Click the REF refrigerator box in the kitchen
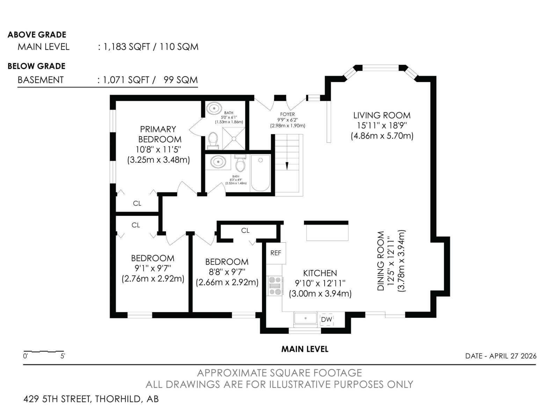click(x=276, y=253)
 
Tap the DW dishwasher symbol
click(x=326, y=319)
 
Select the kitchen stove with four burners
click(x=275, y=286)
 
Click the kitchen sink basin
click(x=305, y=318)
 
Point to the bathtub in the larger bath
click(x=260, y=173)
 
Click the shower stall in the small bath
click(x=233, y=138)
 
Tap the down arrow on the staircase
click(x=287, y=166)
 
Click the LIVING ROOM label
click(x=382, y=116)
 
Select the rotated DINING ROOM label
click(x=380, y=261)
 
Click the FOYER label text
click(x=288, y=115)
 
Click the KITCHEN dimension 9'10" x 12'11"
click(x=320, y=283)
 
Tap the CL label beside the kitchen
click(x=245, y=230)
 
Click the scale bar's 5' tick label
click(x=63, y=356)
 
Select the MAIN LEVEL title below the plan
click(x=305, y=349)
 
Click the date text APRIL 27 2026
click(x=513, y=356)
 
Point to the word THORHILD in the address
click(x=118, y=399)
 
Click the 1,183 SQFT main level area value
click(x=126, y=47)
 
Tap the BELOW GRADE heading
click(x=36, y=66)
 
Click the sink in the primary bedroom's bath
click(x=214, y=109)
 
